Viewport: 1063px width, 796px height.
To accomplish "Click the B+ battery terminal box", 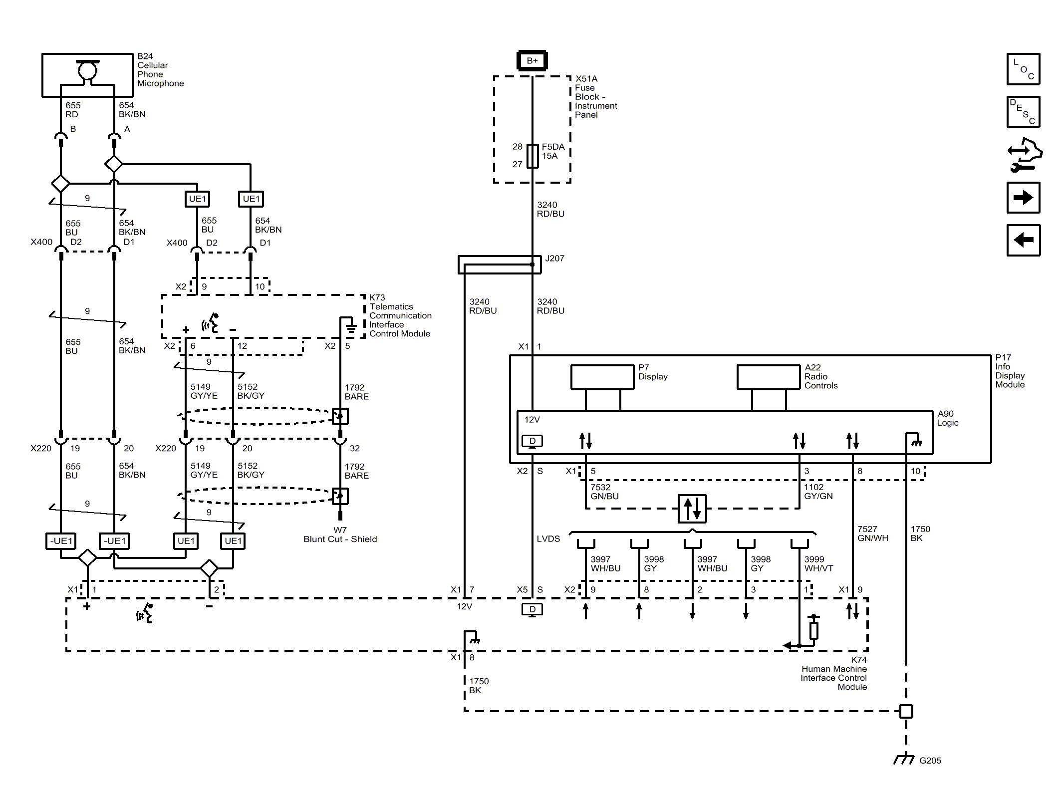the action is [x=532, y=60].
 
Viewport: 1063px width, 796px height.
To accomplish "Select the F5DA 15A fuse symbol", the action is [x=532, y=156].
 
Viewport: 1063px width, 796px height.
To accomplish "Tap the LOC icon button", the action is [x=1023, y=69].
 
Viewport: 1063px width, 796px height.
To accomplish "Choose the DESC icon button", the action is [x=1023, y=112].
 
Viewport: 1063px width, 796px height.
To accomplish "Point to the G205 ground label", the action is [x=930, y=761].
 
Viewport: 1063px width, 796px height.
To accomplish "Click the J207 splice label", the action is [x=554, y=259].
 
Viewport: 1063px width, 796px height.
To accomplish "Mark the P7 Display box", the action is [x=602, y=377].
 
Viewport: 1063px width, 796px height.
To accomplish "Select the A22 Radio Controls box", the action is [x=769, y=377].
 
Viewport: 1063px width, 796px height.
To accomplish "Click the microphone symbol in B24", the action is [x=87, y=70].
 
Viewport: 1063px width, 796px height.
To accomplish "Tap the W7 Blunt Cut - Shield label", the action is [x=340, y=534].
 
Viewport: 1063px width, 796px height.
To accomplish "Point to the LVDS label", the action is [x=548, y=539].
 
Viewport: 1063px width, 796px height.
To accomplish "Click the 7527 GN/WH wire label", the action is [x=873, y=533].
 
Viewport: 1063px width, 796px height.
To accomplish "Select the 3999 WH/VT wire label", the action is [x=818, y=564].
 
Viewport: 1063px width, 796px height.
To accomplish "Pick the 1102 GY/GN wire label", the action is [x=818, y=492].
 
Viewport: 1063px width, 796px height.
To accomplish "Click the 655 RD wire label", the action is [x=73, y=110].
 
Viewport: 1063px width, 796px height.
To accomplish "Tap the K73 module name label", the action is [x=400, y=315].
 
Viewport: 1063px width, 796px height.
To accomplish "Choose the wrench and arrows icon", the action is [x=1024, y=155].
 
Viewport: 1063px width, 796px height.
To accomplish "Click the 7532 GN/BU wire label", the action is [x=604, y=492].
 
